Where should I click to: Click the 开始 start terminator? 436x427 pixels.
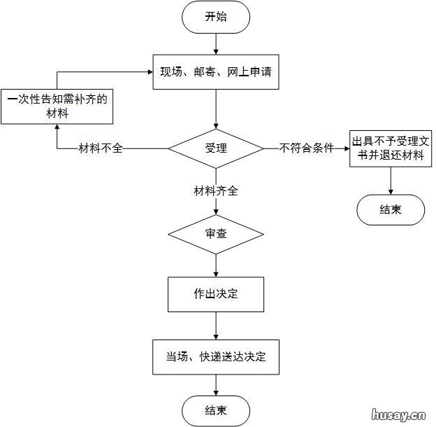(x=216, y=17)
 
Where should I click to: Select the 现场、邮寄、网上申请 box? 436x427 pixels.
(x=216, y=71)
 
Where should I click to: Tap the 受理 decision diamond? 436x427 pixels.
(x=216, y=148)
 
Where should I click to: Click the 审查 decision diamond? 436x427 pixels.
(x=216, y=233)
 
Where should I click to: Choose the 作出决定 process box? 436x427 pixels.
(x=216, y=294)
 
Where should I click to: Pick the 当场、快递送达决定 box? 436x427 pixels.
(x=216, y=357)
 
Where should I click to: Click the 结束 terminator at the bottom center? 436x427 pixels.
(x=216, y=410)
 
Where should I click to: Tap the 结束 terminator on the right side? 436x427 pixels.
(x=390, y=209)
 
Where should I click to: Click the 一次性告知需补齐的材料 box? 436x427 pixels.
(x=57, y=106)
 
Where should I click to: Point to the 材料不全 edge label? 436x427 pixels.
(x=101, y=148)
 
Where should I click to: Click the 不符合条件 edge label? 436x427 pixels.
(x=306, y=148)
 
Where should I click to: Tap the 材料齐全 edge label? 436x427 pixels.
(x=216, y=190)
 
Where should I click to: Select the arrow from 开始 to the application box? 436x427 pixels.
(x=216, y=43)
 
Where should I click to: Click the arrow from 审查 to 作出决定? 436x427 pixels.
(x=216, y=266)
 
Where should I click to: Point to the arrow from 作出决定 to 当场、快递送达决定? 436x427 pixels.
(x=216, y=325)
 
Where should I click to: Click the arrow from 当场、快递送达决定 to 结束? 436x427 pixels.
(x=216, y=384)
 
